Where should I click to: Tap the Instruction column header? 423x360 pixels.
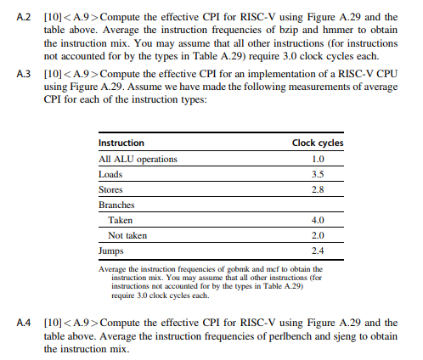point(121,143)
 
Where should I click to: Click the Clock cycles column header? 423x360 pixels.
point(318,143)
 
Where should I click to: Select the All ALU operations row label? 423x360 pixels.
point(138,159)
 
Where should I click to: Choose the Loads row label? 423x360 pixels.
point(111,174)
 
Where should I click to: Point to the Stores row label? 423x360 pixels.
point(111,189)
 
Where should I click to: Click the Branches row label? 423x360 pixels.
point(117,205)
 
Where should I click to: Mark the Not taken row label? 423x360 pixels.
point(128,235)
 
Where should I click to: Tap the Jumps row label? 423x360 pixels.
point(112,250)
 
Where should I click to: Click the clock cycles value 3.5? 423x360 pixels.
point(319,174)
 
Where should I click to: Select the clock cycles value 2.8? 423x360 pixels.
point(319,189)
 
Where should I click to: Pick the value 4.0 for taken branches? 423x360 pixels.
point(319,220)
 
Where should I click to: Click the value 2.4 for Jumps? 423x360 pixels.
point(319,250)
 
